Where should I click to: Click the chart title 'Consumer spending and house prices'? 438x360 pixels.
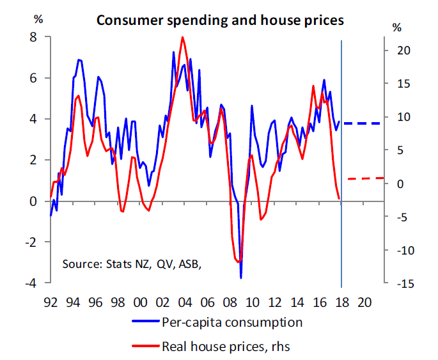coord(220,20)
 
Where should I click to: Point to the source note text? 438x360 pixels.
coord(136,263)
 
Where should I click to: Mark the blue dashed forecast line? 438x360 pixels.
coord(363,123)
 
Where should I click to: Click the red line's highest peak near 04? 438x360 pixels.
coord(183,37)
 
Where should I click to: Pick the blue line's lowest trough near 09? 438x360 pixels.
coord(241,278)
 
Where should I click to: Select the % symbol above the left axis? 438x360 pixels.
coord(38,19)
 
